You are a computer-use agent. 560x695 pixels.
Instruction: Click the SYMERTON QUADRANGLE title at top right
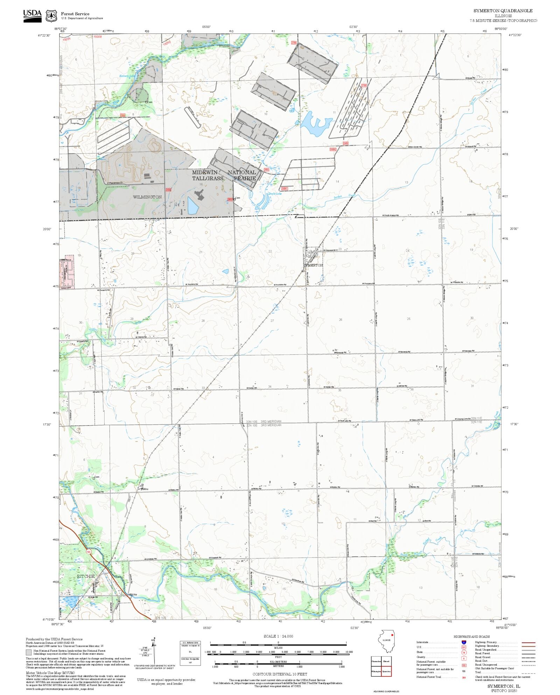pos(503,11)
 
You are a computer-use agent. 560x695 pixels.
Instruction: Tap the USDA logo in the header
pos(32,16)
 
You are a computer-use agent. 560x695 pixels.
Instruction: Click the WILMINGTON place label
pos(147,197)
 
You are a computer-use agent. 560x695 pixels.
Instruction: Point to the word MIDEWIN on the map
pos(204,173)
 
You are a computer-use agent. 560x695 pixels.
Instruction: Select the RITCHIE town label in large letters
pos(86,576)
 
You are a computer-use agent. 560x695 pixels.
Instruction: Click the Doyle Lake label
pos(275,194)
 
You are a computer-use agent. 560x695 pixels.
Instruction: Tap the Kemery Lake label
pos(127,76)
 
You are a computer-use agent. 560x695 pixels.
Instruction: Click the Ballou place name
pos(145,489)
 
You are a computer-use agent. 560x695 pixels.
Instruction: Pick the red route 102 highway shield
pos(89,552)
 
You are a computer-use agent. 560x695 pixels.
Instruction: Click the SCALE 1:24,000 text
pos(278,636)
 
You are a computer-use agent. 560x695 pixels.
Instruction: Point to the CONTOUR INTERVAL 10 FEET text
pos(280,674)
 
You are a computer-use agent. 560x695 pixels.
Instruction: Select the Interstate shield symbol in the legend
pos(464,643)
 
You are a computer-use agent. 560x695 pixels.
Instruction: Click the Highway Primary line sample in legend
pos(528,643)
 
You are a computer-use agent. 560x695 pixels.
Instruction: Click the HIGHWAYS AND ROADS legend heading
pos(471,637)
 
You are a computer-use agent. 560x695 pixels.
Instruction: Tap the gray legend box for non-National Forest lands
pos(29,652)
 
